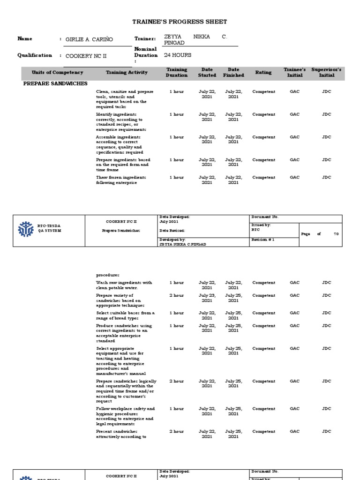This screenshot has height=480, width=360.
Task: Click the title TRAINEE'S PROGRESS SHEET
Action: pos(180,22)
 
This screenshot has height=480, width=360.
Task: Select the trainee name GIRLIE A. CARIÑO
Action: pos(89,39)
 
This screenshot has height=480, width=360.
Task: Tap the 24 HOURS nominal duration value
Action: pos(178,55)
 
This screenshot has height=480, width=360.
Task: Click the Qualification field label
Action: pos(35,55)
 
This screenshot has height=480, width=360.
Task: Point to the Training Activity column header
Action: pos(127,73)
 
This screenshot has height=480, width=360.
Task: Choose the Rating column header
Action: pos(263,73)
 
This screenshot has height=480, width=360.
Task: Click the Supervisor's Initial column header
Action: pos(326,73)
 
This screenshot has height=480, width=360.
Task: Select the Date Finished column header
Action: pos(233,73)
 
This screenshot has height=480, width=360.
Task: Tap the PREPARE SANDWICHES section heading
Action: pos(55,83)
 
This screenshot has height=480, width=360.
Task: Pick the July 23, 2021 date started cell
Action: pos(207,298)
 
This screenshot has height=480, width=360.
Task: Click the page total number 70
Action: pos(336,234)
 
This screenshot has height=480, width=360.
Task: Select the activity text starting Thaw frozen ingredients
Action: pos(121,180)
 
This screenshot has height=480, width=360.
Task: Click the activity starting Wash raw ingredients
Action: pos(124,285)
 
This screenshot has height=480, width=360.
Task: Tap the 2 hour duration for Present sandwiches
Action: pos(176,431)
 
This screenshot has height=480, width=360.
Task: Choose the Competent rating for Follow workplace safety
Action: pos(263,409)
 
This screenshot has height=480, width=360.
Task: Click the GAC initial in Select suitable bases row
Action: pos(294,313)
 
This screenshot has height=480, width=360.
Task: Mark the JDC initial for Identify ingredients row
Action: pos(326,114)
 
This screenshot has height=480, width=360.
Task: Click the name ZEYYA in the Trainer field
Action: pos(172,37)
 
